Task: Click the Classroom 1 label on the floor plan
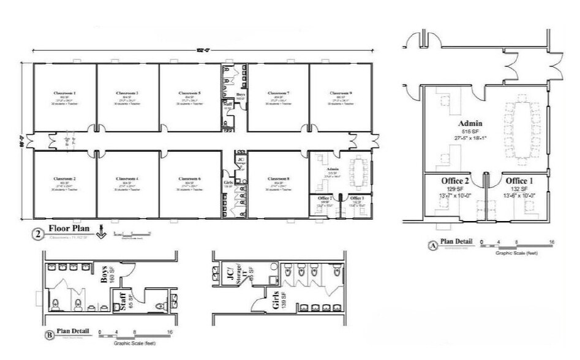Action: tap(64, 93)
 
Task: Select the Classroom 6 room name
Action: tap(190, 178)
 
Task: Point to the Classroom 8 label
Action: tap(279, 178)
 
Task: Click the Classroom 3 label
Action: tap(127, 93)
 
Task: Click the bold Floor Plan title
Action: tap(69, 230)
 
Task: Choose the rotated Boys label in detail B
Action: tap(105, 274)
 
